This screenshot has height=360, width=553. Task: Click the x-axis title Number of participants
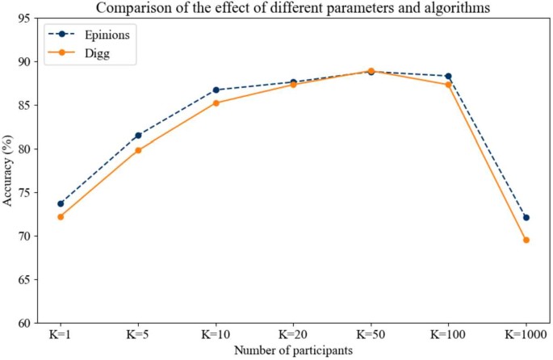[x=293, y=350]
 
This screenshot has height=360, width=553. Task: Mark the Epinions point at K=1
[x=61, y=203]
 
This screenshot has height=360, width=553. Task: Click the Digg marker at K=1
[x=61, y=216]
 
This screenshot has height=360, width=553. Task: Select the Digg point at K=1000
[x=526, y=240]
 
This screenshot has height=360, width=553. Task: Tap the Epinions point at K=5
[x=138, y=135]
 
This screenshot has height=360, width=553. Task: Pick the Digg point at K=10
[x=216, y=103]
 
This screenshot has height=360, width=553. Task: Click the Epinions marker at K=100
[x=449, y=76]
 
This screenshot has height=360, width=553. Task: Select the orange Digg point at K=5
[x=138, y=150]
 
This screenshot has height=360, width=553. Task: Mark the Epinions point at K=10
[x=216, y=90]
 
